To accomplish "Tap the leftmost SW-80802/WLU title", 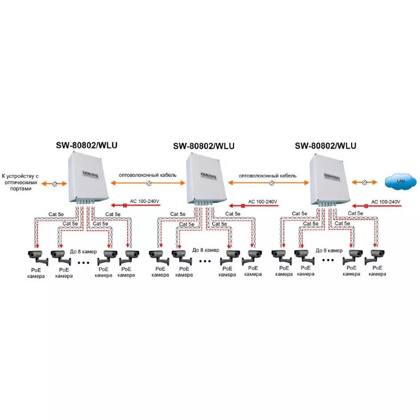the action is pos(86,145).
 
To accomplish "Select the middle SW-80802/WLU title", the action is pos(204,146).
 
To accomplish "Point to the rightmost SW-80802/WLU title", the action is pos(325,146).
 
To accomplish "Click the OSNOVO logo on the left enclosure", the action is pos(90,174).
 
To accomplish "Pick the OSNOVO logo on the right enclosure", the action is pos(332,177).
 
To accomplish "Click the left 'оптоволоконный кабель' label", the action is pos(148,175).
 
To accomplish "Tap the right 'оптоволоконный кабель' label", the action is pos(267,176).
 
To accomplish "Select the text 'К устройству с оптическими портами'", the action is pos(20,182).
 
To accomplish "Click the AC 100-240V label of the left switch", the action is pos(145,201).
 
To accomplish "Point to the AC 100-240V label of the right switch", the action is pos(386,202).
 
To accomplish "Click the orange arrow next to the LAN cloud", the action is pos(364,183).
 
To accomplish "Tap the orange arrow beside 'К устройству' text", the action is pos(54,184).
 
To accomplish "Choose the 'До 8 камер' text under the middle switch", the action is pos(206,250).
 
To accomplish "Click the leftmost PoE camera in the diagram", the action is pos(38,258).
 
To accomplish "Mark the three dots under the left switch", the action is pos(84,263).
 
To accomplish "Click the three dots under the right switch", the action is pos(328,260).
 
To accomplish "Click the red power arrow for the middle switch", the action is pos(254,206).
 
